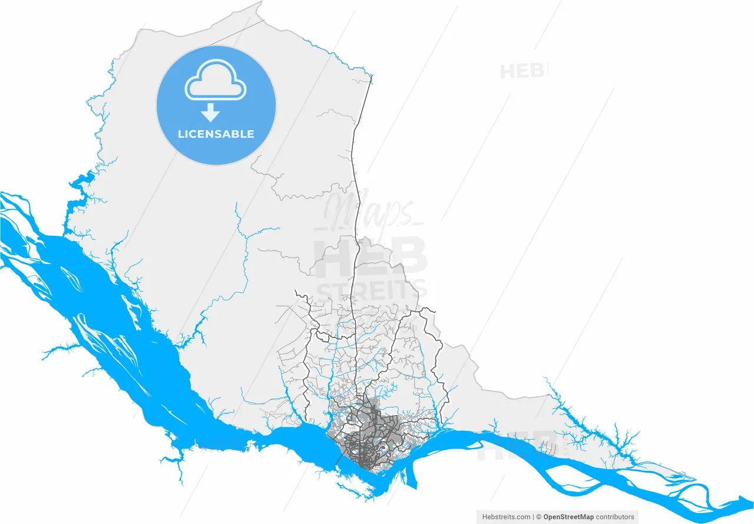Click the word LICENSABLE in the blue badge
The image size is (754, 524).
coord(216,134)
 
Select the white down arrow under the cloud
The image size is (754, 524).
coord(210,112)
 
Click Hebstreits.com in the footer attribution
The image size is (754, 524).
coord(506,517)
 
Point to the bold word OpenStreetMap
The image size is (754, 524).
coord(569,517)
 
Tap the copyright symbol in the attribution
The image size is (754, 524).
coord(538,517)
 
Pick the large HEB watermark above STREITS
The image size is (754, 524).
coord(371,256)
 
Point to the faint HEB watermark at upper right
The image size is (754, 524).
coord(522,71)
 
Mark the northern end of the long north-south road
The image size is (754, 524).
coord(371,77)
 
